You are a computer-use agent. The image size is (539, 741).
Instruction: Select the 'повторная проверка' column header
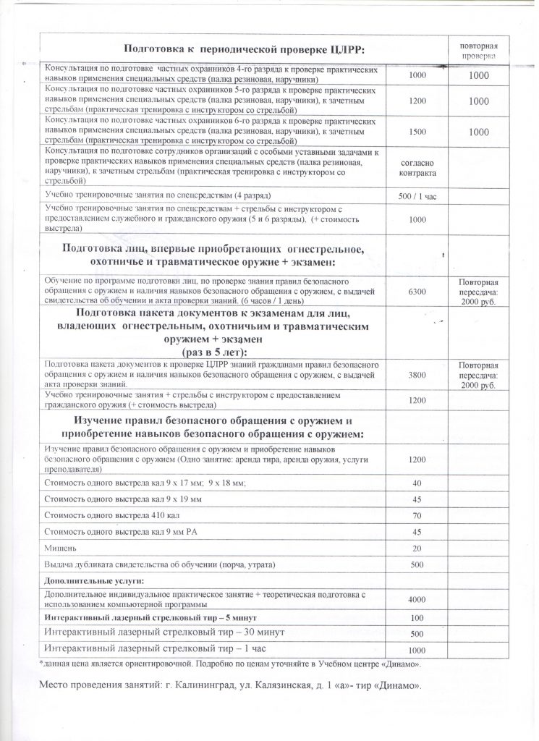coord(479,49)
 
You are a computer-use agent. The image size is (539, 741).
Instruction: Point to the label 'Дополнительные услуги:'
coord(85,581)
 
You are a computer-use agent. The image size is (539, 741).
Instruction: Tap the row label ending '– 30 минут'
coord(152,632)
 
